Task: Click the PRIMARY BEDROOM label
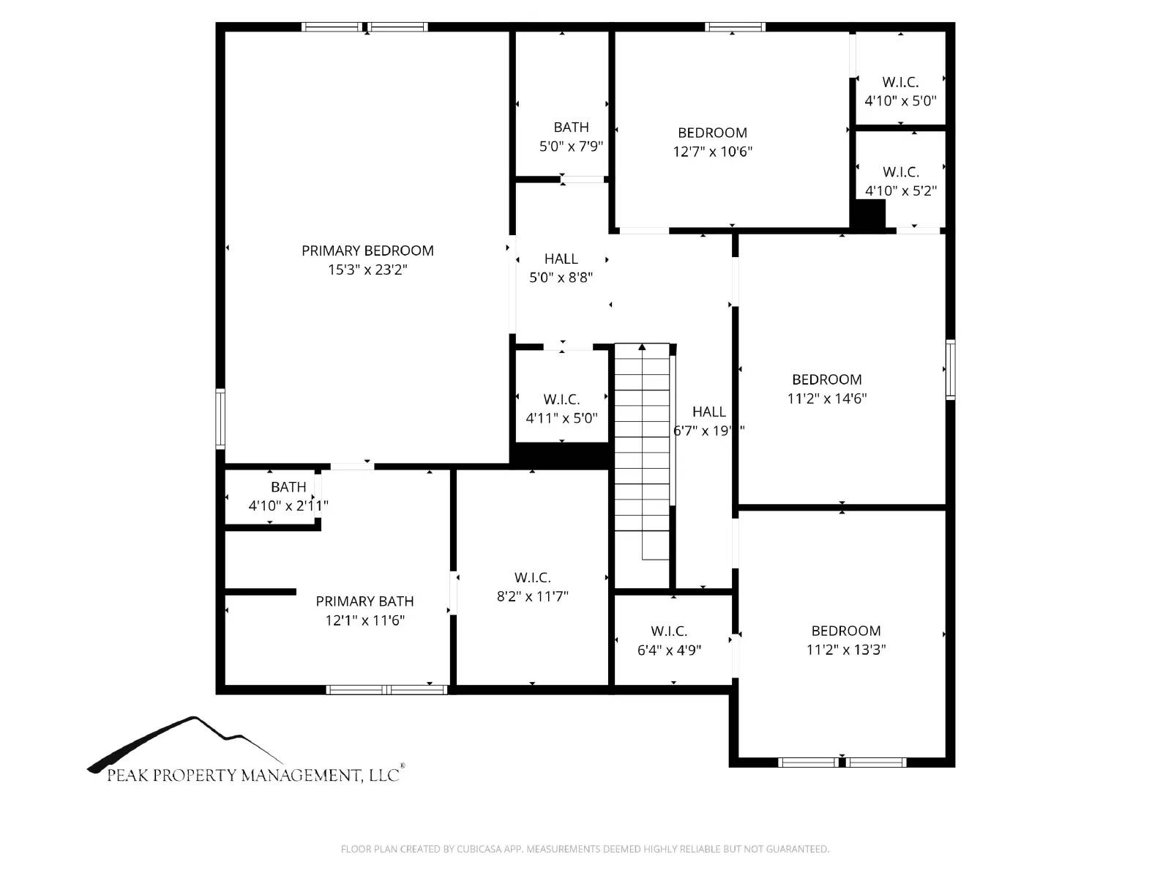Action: click(x=367, y=251)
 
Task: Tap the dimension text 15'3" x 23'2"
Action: click(x=367, y=270)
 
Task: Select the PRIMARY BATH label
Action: click(x=364, y=601)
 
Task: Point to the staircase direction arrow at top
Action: click(x=642, y=347)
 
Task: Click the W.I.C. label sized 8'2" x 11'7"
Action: click(x=532, y=578)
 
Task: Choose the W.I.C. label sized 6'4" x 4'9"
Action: click(x=669, y=631)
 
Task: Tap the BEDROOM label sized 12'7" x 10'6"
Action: click(x=712, y=133)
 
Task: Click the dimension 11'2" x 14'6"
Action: click(x=827, y=398)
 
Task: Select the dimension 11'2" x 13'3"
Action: click(x=846, y=650)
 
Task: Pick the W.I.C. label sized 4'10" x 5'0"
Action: click(x=900, y=82)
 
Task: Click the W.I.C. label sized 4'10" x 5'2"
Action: click(x=900, y=172)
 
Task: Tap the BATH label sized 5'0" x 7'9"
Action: click(x=571, y=127)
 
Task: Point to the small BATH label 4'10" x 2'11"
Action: click(x=288, y=487)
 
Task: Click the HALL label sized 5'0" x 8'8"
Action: click(x=561, y=259)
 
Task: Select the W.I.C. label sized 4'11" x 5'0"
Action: click(x=561, y=399)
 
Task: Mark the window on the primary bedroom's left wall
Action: click(x=220, y=418)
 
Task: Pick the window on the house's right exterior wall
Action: click(x=950, y=368)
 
